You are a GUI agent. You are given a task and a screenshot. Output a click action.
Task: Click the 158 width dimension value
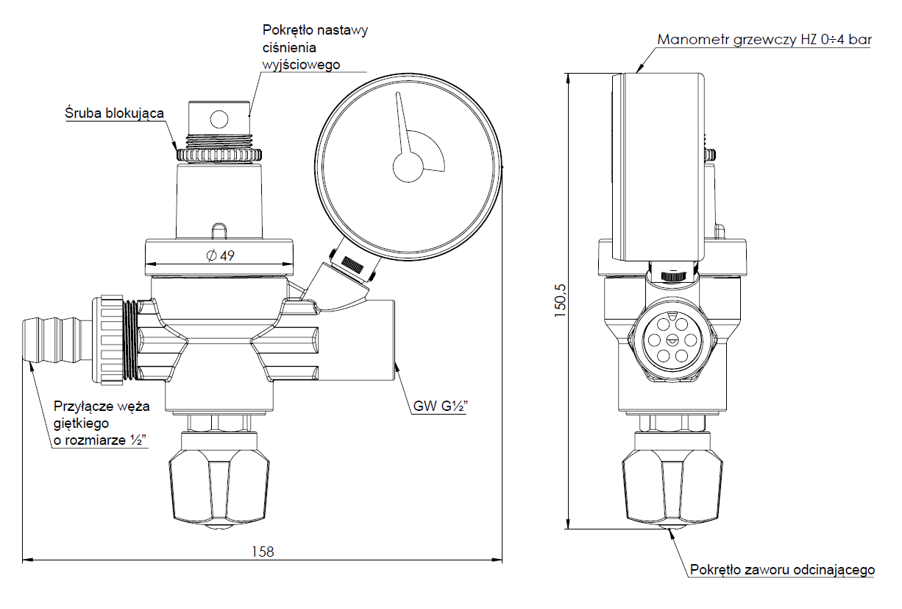pyautogui.click(x=263, y=551)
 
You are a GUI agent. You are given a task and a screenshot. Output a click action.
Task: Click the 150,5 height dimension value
pyautogui.click(x=560, y=300)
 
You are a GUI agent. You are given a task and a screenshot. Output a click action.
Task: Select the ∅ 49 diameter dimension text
pyautogui.click(x=221, y=255)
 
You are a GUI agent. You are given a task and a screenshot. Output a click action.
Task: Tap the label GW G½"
pyautogui.click(x=441, y=406)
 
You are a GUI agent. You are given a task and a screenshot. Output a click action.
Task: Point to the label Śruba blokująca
pyautogui.click(x=114, y=113)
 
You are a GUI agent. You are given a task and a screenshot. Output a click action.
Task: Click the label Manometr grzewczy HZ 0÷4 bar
pyautogui.click(x=764, y=40)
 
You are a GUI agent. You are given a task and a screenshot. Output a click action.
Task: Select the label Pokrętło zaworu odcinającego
pyautogui.click(x=782, y=570)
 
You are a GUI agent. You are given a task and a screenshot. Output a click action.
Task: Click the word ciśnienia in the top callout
pyautogui.click(x=289, y=48)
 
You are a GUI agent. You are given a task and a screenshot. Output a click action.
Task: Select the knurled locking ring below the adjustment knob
pyautogui.click(x=219, y=155)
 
